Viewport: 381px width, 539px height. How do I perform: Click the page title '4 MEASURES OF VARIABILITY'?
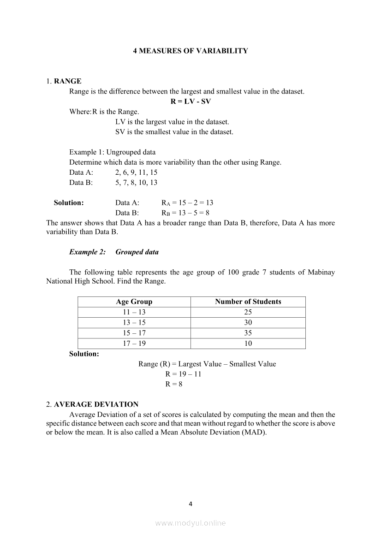click(190, 51)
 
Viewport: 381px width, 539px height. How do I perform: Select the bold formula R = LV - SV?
click(190, 101)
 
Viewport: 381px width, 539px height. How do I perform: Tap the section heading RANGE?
click(67, 81)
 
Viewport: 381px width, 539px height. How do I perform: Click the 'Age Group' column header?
click(134, 302)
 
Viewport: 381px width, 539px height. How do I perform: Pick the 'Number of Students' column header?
click(248, 302)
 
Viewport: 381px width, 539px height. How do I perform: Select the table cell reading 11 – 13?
click(134, 312)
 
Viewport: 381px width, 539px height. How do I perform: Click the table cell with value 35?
click(248, 333)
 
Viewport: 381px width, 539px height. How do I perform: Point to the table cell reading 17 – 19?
click(134, 344)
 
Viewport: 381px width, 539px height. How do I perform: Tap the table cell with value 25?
click(248, 312)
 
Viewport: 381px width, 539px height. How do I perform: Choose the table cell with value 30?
click(248, 323)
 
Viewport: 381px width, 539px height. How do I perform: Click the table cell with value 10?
click(248, 344)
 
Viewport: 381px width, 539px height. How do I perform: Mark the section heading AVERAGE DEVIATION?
click(96, 404)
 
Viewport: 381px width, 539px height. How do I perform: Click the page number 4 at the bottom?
click(190, 503)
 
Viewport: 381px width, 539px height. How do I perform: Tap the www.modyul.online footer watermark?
click(190, 523)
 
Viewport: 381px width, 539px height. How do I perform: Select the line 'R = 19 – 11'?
click(183, 374)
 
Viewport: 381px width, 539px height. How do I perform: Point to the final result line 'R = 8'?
click(173, 384)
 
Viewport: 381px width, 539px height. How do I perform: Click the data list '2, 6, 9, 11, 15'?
click(137, 172)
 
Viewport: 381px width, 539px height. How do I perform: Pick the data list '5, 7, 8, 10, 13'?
click(136, 183)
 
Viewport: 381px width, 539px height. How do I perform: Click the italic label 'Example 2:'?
click(87, 252)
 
